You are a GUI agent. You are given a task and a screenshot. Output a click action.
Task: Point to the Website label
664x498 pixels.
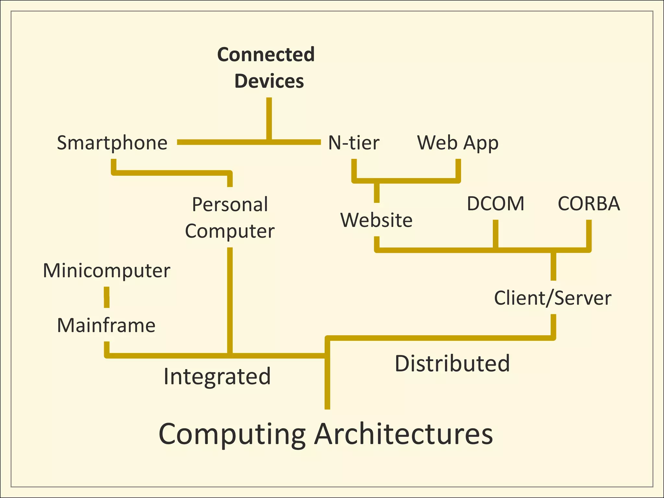click(376, 220)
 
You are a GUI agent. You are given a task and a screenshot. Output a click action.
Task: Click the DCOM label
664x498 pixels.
click(495, 204)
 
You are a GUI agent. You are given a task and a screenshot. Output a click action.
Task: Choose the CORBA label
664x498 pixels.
click(589, 204)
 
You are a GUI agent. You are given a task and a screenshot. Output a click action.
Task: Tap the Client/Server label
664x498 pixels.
click(553, 298)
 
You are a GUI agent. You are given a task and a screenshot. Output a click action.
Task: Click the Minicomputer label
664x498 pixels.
click(107, 270)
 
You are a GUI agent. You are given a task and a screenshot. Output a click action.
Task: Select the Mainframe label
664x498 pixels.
click(106, 325)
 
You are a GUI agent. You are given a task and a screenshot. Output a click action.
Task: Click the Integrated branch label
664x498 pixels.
click(217, 376)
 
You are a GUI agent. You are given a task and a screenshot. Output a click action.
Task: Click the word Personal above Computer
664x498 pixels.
click(230, 204)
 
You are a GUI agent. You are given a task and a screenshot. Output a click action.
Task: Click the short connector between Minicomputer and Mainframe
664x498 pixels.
click(107, 297)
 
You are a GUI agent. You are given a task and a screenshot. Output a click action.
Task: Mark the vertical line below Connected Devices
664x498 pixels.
click(269, 118)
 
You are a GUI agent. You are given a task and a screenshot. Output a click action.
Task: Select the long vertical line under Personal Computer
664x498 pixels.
click(230, 300)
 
